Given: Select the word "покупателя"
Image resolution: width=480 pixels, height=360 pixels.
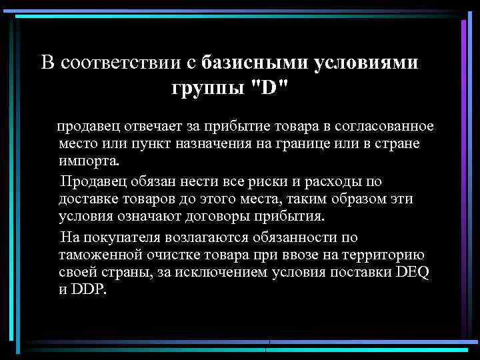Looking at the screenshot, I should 115,237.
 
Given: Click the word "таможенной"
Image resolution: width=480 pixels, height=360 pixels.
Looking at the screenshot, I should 98,255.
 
